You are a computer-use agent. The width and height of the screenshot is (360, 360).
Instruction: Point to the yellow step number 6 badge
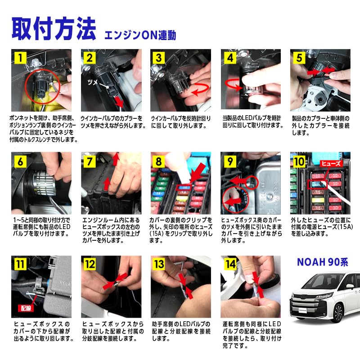point(20,161)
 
